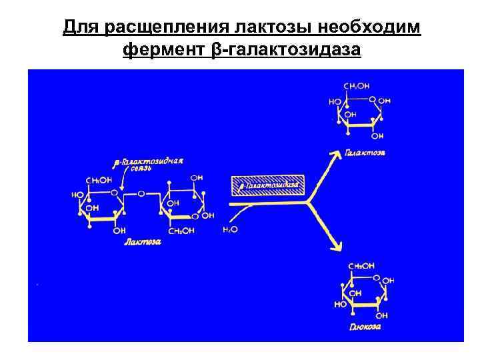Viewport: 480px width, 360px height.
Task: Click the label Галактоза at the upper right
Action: (x=365, y=153)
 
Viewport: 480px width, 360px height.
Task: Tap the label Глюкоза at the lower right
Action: (x=365, y=327)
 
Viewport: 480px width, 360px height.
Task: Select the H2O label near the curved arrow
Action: (x=229, y=230)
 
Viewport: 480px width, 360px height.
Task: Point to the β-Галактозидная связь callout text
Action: (x=149, y=164)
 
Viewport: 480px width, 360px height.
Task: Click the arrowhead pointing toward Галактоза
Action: (x=331, y=155)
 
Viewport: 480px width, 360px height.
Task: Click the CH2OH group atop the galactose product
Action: (x=357, y=86)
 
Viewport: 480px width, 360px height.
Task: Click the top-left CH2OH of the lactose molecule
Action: (x=99, y=180)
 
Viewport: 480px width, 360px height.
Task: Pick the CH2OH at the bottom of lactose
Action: (x=180, y=231)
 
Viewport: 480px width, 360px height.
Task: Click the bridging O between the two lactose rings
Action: (x=141, y=195)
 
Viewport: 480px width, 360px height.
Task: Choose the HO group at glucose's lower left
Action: (x=339, y=303)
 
